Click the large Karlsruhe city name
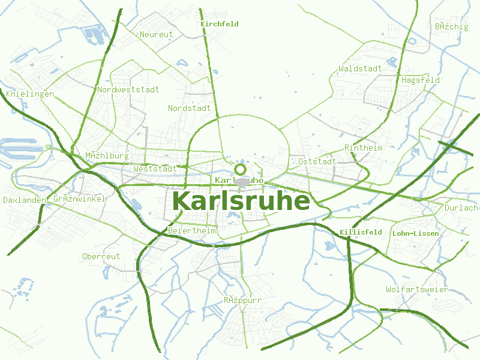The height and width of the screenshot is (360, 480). (241, 201)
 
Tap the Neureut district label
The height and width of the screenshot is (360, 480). (156, 34)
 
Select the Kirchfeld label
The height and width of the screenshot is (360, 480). (220, 24)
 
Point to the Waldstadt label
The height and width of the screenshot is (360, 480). (360, 68)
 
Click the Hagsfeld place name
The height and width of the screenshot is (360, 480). (421, 80)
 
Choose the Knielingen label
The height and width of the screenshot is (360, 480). (30, 94)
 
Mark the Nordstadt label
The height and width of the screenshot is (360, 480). (190, 109)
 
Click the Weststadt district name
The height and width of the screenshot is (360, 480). (155, 169)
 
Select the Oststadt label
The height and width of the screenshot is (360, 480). (317, 161)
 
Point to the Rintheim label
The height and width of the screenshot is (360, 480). (364, 148)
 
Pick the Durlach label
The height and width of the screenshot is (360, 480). (461, 208)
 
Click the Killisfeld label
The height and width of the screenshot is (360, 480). (361, 232)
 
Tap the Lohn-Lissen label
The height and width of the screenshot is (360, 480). (415, 233)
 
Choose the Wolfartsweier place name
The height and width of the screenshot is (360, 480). (417, 290)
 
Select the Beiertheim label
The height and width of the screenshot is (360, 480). (192, 230)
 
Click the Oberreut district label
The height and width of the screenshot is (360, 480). (101, 256)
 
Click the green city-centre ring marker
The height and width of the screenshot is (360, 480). (241, 169)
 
